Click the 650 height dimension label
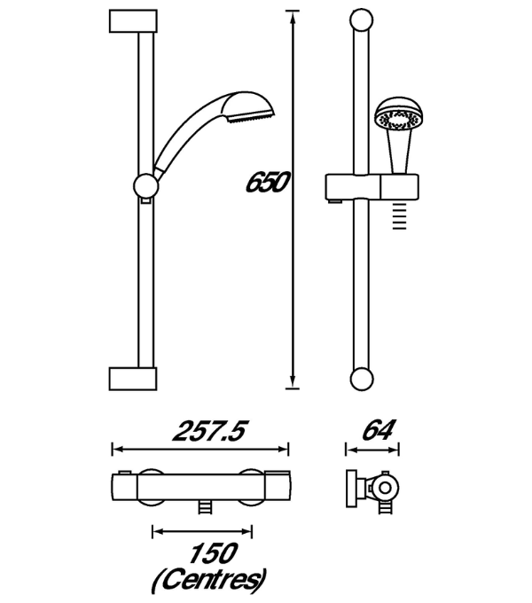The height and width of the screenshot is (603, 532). click(x=267, y=183)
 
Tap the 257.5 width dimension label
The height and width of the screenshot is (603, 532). click(x=209, y=431)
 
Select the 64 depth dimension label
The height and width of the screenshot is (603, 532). click(x=379, y=430)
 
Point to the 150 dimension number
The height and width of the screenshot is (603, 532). click(x=213, y=553)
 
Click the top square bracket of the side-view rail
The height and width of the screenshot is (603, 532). click(x=133, y=21)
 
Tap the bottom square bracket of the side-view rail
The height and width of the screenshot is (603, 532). click(x=133, y=379)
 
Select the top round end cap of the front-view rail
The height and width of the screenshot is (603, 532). click(x=362, y=20)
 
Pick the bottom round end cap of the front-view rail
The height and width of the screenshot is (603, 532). click(x=362, y=380)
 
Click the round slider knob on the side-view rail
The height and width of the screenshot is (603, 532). click(x=145, y=186)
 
